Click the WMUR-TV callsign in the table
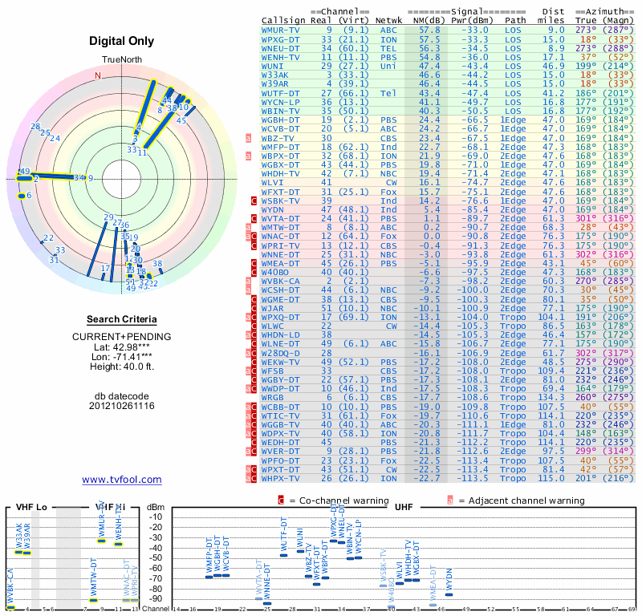coord(281,30)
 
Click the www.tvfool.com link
coord(121,480)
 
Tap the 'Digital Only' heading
coord(121,42)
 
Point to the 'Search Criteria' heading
coord(121,319)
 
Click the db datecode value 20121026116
coord(121,406)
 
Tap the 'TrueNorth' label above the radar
coord(121,61)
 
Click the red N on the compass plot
coord(99,76)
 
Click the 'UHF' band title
coord(404,507)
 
